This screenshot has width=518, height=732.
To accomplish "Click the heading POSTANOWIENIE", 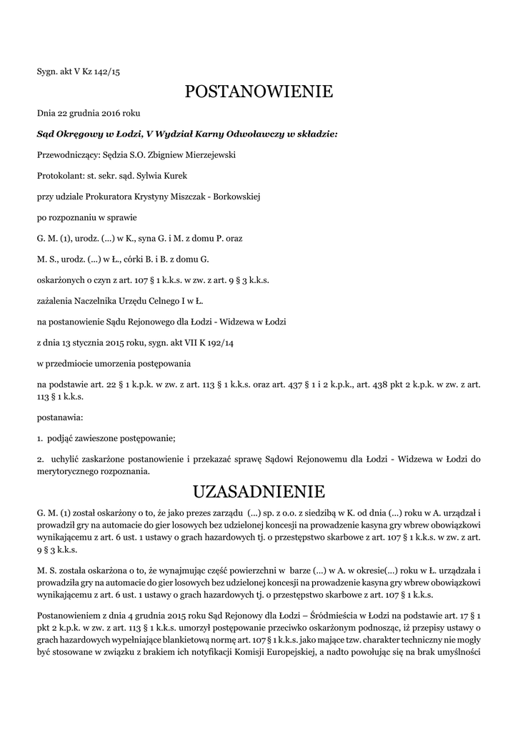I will [259, 91].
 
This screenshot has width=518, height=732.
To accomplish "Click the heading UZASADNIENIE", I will [259, 492].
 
